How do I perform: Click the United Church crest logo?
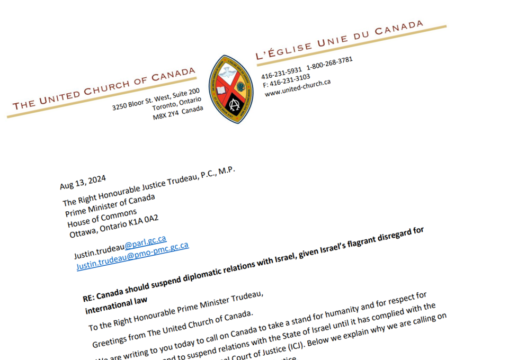[230, 89]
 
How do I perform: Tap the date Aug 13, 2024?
[83, 182]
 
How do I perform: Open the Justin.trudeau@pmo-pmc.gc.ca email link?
[132, 256]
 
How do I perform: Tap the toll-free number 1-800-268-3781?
[329, 64]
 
